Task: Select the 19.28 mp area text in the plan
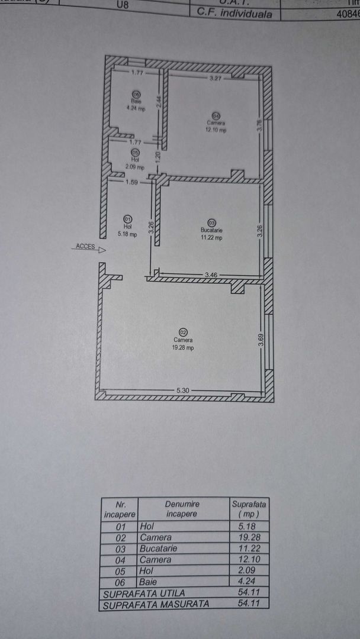pyautogui.click(x=183, y=348)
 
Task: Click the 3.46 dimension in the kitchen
pyautogui.click(x=211, y=275)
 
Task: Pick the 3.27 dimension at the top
pyautogui.click(x=214, y=78)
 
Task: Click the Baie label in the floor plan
pyautogui.click(x=136, y=101)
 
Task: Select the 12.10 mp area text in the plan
pyautogui.click(x=217, y=130)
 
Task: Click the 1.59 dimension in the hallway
pyautogui.click(x=131, y=183)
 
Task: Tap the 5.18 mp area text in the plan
pyautogui.click(x=127, y=234)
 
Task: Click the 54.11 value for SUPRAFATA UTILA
pyautogui.click(x=249, y=592)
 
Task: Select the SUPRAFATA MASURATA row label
pyautogui.click(x=146, y=604)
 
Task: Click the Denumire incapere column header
pyautogui.click(x=182, y=508)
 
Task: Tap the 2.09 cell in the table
pyautogui.click(x=249, y=570)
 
